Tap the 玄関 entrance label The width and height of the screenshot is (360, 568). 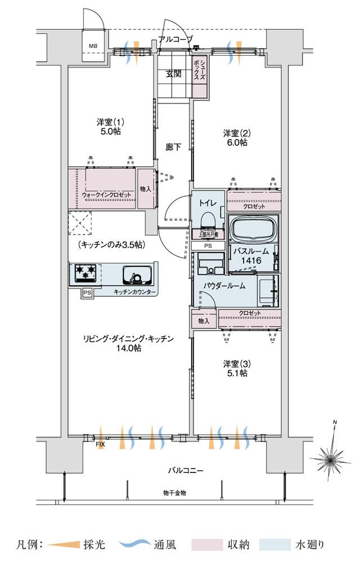[x=173, y=74]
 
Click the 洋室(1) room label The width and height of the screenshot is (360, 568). [x=110, y=127]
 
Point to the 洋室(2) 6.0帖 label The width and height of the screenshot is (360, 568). [x=235, y=138]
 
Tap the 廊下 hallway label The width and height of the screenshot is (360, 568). [x=173, y=147]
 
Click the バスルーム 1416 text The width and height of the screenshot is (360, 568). [x=248, y=256]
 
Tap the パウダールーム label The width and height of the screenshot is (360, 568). [x=224, y=286]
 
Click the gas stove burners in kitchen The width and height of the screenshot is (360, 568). [x=84, y=273]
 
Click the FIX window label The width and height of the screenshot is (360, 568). [x=100, y=445]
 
